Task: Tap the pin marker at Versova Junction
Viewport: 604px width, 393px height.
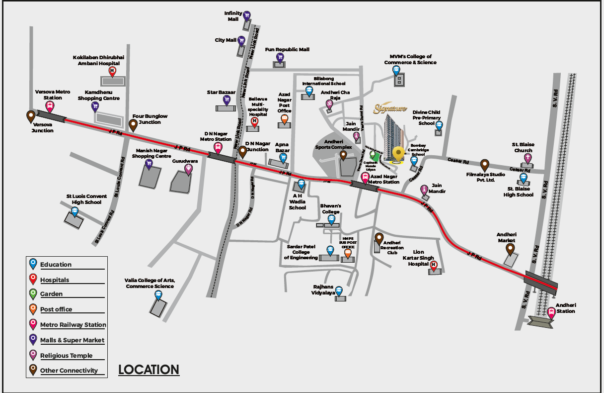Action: point(30,116)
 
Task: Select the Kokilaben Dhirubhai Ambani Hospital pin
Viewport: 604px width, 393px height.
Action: point(112,71)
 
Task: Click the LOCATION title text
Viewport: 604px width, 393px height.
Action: point(149,370)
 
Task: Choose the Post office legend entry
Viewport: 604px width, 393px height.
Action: point(56,309)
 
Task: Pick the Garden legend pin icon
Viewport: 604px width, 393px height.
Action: point(33,293)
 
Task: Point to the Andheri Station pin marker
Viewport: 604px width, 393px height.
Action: point(550,312)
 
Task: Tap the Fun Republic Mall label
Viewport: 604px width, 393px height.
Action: point(287,50)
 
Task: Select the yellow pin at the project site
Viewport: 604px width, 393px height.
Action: point(397,153)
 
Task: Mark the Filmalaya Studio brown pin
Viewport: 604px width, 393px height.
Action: point(485,164)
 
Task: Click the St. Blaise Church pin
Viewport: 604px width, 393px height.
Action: point(527,158)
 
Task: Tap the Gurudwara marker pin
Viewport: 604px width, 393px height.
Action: point(189,169)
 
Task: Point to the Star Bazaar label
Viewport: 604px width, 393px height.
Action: point(221,93)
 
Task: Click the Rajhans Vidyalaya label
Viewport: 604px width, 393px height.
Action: point(323,290)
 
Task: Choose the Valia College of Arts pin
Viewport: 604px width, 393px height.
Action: point(158,295)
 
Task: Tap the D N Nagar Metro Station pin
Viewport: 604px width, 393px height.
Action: point(218,147)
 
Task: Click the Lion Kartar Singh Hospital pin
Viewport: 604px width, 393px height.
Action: point(433,265)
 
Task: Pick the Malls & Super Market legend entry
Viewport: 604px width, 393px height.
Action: point(72,340)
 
